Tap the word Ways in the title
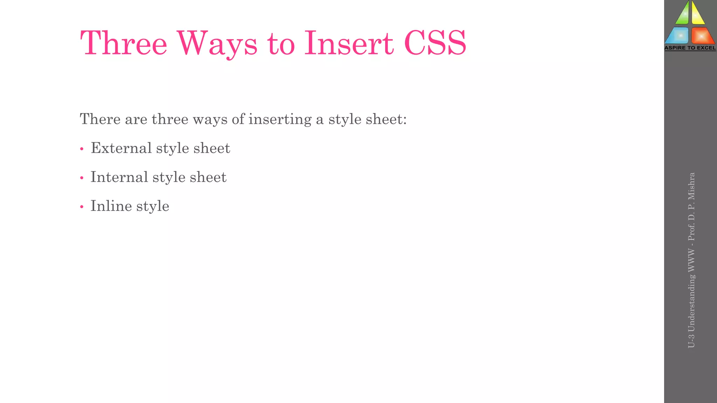click(x=217, y=44)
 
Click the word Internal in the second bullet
click(x=119, y=177)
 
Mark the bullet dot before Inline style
click(x=82, y=207)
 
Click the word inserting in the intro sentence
click(x=280, y=119)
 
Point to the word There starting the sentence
click(x=100, y=119)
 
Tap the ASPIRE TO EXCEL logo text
click(x=690, y=48)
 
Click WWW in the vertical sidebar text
click(x=691, y=260)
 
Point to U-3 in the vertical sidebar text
click(x=691, y=341)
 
